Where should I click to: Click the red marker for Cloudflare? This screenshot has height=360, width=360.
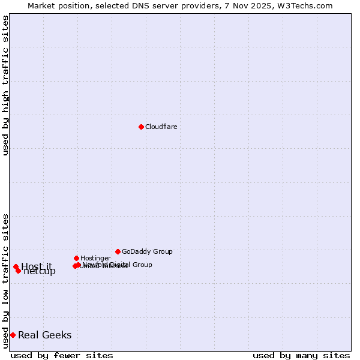coord(141,127)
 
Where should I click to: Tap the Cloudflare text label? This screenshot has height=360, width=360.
coord(161,127)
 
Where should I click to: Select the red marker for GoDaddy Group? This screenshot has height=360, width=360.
coord(118,251)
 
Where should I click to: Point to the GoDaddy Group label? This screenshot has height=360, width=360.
coord(147,251)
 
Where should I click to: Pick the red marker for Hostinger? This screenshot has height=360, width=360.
coord(76,258)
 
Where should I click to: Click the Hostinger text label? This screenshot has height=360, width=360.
coord(95,258)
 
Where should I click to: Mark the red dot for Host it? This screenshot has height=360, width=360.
coord(16,266)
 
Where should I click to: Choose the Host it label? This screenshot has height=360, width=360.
coord(37,266)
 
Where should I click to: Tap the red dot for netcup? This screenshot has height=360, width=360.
coord(18,271)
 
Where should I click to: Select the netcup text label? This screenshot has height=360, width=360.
coord(41,272)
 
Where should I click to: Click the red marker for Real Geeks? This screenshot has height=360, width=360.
coord(13,335)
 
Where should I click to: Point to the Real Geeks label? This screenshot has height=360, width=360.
coord(44,335)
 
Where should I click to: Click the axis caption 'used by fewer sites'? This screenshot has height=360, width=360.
coord(62,355)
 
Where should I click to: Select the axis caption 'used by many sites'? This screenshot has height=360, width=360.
coord(301,355)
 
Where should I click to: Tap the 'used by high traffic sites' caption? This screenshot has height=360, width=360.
coord(5,86)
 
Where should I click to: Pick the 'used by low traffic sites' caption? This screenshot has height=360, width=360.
coord(5,281)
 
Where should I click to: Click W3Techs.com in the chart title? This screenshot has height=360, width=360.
coord(308,5)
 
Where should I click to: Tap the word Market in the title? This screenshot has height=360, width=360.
coord(41,5)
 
